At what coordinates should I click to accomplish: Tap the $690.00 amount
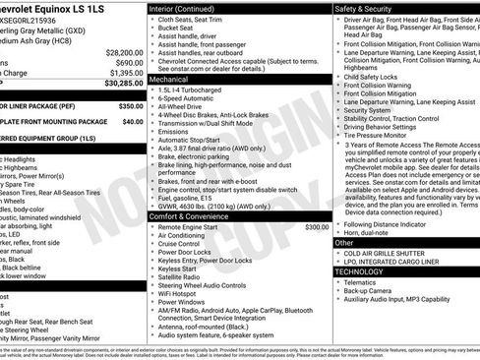click(124, 62)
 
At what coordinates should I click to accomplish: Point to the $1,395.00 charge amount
click(122, 73)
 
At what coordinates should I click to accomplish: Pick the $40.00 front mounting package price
click(132, 123)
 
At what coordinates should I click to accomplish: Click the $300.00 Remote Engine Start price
click(317, 226)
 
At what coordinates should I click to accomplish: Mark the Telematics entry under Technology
click(364, 282)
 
